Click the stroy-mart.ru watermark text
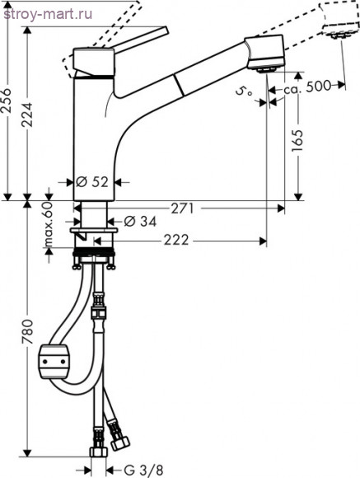[48, 14]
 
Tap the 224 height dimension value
[27, 115]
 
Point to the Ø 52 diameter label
[91, 182]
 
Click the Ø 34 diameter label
[140, 222]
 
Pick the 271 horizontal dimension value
[182, 209]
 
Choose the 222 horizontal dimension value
[176, 241]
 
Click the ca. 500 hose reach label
[307, 87]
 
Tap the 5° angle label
[245, 91]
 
